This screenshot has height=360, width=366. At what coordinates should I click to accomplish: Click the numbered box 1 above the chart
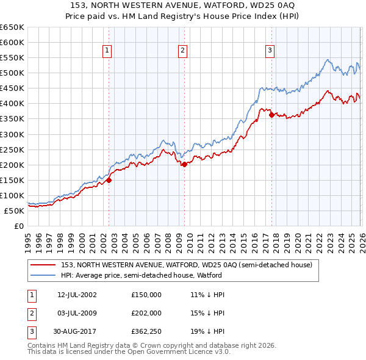pos(107,51)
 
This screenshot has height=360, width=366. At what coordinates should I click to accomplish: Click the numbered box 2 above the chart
pos(182,51)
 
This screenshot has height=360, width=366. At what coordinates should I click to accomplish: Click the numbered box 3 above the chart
pos(270,51)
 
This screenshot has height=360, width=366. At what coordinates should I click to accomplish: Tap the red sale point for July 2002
pos(109,180)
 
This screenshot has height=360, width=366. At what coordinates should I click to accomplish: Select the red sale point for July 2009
pos(184,164)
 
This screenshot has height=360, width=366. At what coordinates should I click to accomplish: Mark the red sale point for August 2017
pos(271,115)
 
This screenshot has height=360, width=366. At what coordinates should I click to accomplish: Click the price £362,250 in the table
pos(146,333)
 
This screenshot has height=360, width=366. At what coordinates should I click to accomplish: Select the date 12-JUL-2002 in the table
pos(77,295)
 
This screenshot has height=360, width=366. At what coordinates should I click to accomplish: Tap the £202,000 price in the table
pos(146,314)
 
